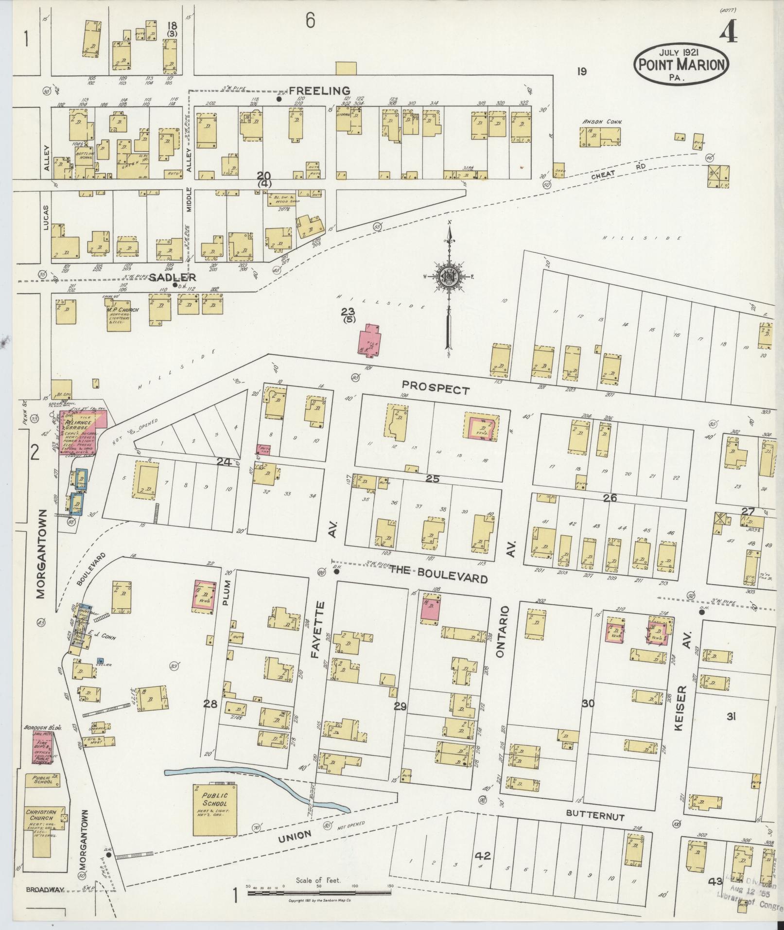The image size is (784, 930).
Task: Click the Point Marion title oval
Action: (x=681, y=64)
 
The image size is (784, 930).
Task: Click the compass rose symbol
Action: (x=449, y=277)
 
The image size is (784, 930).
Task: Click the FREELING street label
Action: (x=319, y=90)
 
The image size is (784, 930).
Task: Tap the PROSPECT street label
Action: (x=436, y=389)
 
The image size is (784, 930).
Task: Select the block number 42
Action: (x=484, y=856)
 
